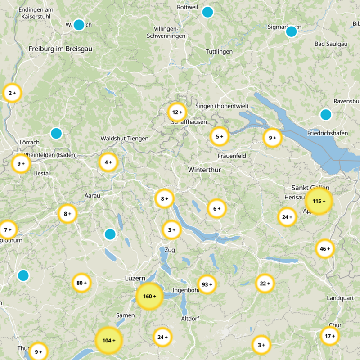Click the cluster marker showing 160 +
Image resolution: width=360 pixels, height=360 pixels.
(x=149, y=296)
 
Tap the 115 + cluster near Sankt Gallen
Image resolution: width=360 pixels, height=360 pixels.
(x=319, y=201)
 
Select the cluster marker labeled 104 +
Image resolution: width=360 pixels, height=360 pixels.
(x=108, y=340)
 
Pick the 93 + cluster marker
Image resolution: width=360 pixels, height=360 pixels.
(x=207, y=284)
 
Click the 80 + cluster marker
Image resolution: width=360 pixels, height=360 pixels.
(x=81, y=283)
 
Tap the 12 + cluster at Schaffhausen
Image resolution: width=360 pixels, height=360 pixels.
(x=176, y=112)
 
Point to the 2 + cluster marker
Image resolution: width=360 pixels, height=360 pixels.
(x=12, y=93)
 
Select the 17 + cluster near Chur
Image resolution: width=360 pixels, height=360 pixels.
(x=330, y=336)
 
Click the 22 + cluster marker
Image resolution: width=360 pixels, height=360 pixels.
(x=265, y=283)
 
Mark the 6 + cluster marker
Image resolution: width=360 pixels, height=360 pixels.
(x=216, y=208)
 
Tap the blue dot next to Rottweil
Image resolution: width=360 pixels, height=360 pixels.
(x=207, y=12)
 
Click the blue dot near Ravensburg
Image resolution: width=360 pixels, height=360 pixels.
(x=326, y=114)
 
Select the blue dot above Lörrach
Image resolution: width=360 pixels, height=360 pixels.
(x=56, y=133)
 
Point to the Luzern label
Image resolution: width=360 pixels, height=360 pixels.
(x=135, y=279)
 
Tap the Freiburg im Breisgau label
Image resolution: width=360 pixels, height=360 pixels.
(x=60, y=49)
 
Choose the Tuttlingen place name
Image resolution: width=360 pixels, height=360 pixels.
(x=219, y=51)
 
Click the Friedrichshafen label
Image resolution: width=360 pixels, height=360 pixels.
(x=328, y=134)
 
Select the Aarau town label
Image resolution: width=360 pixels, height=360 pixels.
(x=92, y=195)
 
